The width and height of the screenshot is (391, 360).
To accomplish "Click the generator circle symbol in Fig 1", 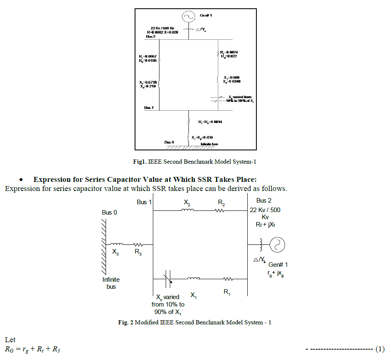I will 188,17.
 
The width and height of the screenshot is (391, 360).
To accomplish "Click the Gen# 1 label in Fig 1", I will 206,15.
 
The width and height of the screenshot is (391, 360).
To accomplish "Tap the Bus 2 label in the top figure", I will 150,36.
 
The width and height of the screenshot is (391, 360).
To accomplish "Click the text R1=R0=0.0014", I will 211,122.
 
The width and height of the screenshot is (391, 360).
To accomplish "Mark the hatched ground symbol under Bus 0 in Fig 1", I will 188,147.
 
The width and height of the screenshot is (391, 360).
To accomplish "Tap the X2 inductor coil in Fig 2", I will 188,210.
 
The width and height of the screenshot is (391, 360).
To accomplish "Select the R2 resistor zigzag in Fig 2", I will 219,210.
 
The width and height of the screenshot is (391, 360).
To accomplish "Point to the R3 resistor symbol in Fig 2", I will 137,244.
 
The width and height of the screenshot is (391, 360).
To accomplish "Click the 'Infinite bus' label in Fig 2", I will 111,283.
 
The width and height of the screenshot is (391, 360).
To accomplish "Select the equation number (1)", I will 380,349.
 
